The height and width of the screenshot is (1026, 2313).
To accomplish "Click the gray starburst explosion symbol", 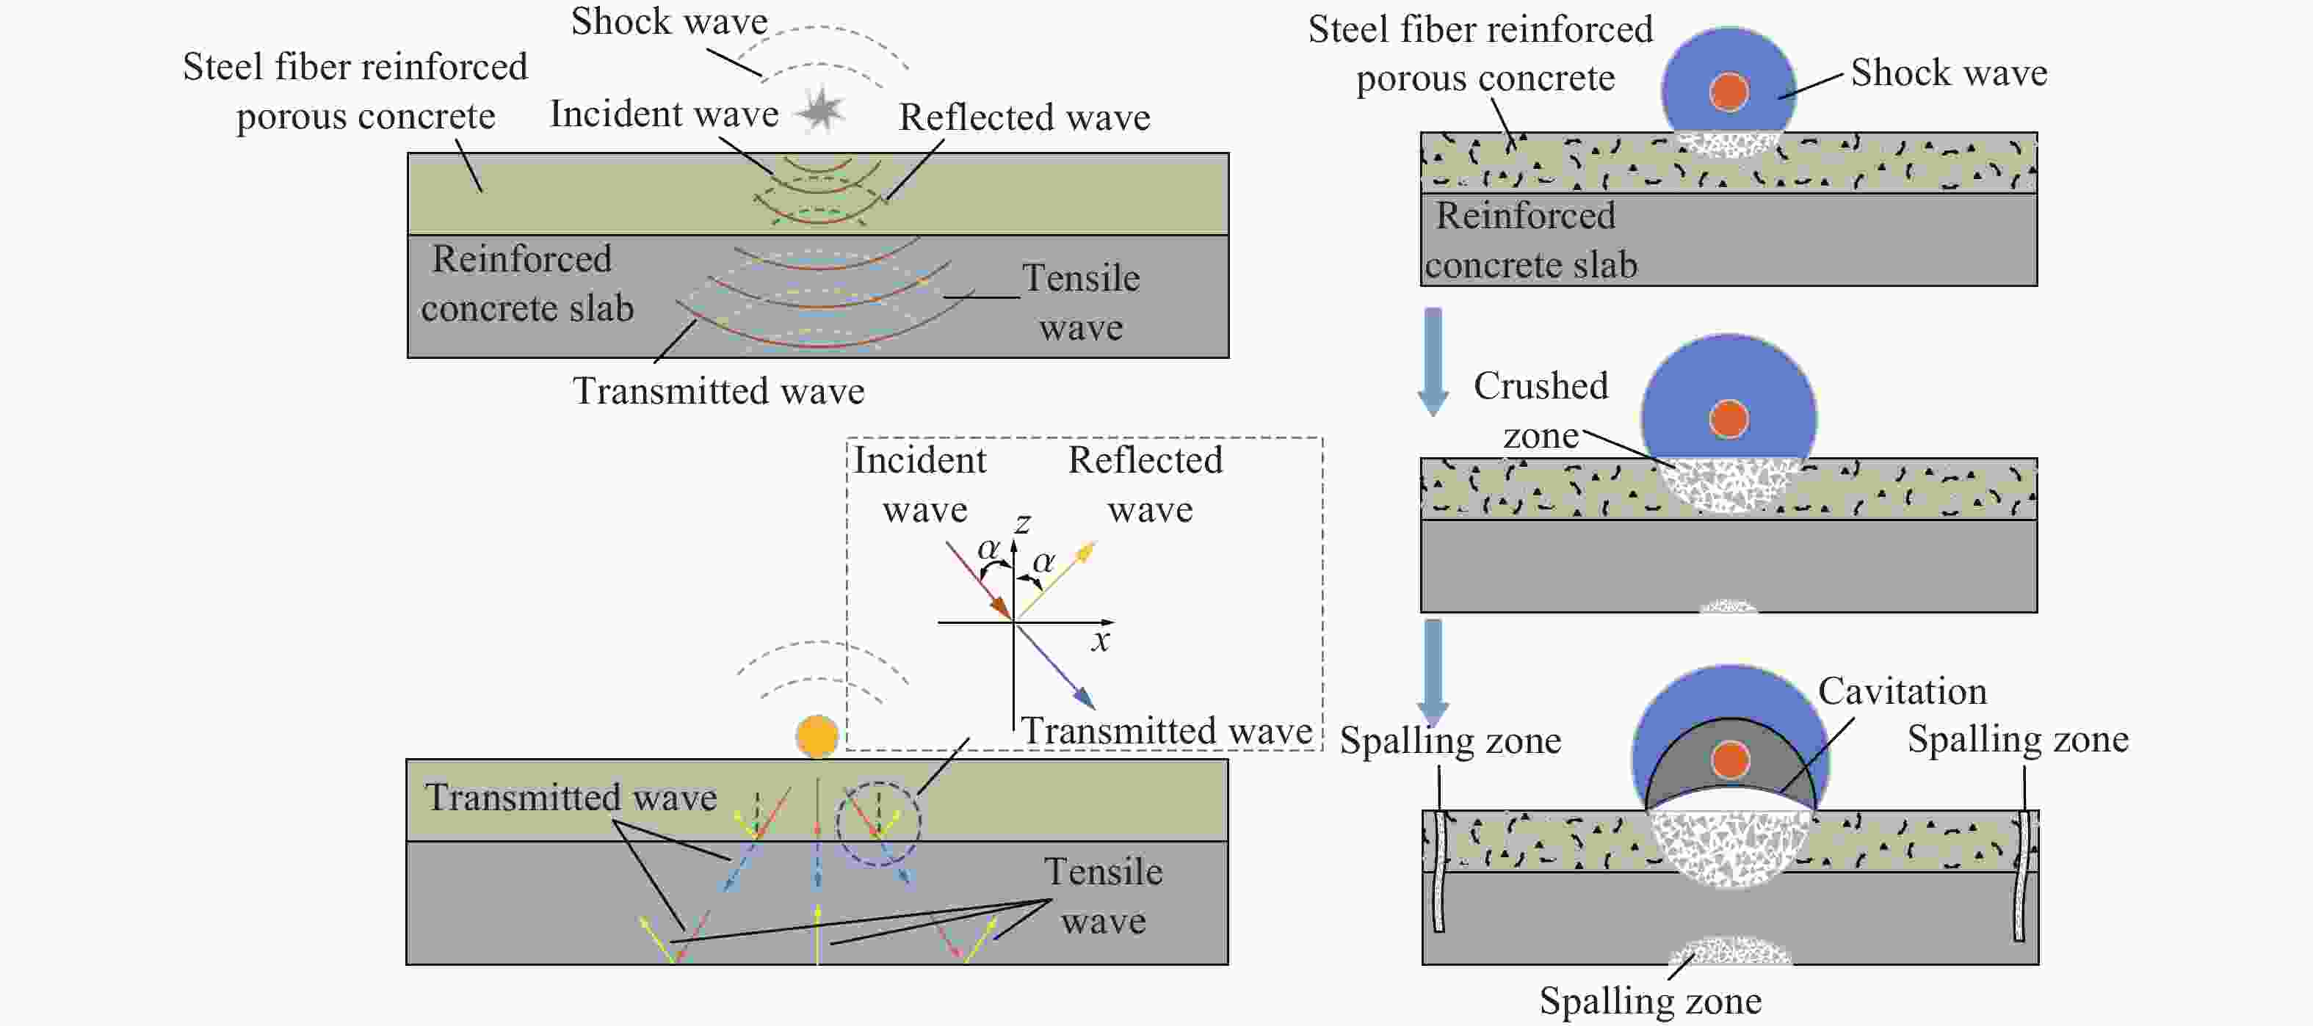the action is point(821,109).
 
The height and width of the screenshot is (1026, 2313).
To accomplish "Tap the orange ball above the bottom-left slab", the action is point(817,736).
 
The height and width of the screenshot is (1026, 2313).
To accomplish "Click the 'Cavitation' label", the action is point(1903,691).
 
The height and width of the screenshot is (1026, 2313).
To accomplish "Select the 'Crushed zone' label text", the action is point(1541,410).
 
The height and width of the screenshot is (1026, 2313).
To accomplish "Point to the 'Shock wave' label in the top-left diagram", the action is point(669,21).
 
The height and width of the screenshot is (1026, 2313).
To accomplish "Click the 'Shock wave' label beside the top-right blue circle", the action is point(1950,72).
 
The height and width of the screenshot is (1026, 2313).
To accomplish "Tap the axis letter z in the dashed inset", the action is point(1022,523).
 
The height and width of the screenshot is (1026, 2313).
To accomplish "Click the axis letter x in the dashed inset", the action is point(1101,640).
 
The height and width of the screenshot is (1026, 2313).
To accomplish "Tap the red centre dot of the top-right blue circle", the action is point(1729,92).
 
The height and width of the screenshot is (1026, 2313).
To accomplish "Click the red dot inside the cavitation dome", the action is point(1730,760).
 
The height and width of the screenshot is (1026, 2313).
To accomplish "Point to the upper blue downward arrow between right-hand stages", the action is point(1433,362).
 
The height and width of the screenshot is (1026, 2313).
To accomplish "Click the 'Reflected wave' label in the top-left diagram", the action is point(1024,117).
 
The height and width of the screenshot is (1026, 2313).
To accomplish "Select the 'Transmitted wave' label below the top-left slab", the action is point(718,390).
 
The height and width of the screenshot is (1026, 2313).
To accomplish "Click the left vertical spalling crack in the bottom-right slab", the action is point(1438,872).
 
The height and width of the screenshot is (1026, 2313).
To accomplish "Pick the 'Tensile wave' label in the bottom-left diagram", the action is point(1104,896).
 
